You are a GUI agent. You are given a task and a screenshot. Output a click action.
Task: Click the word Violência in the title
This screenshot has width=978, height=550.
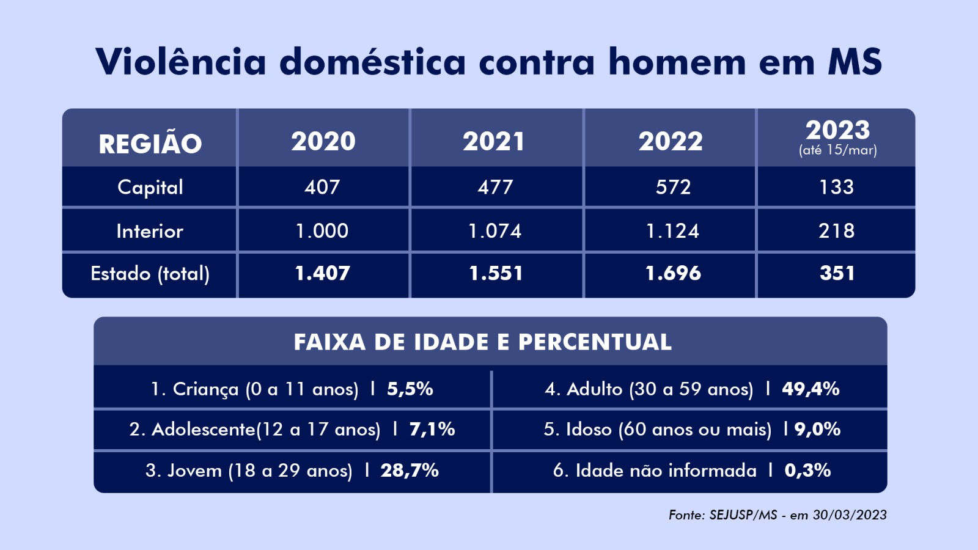(x=181, y=62)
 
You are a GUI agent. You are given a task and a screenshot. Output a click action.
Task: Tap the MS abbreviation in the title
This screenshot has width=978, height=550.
(x=855, y=62)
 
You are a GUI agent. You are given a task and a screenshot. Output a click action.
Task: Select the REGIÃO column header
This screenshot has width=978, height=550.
(x=150, y=144)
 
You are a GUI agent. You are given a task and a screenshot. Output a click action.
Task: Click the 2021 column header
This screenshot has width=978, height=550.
(x=494, y=142)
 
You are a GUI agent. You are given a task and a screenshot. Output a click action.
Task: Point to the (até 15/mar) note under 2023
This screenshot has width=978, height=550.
(x=837, y=150)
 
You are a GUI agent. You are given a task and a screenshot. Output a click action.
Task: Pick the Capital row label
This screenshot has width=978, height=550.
(x=150, y=187)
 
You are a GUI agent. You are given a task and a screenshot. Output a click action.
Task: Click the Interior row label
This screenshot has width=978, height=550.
(x=150, y=231)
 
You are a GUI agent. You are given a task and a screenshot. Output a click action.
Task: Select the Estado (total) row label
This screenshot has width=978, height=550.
(x=150, y=273)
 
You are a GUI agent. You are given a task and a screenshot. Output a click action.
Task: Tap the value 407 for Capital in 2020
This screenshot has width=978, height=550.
(x=322, y=187)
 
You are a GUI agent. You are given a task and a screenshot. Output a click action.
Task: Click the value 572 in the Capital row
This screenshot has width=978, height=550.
(x=673, y=187)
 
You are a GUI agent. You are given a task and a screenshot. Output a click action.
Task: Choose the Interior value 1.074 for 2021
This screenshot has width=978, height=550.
(x=495, y=231)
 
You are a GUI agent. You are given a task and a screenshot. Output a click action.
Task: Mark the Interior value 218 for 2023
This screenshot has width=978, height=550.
(x=837, y=231)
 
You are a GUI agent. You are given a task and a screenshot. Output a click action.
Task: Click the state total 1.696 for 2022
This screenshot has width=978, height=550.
(x=673, y=273)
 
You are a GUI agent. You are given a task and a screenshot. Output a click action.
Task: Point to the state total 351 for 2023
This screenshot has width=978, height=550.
(x=837, y=273)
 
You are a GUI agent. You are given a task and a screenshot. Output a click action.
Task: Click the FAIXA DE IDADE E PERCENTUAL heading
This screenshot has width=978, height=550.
(x=483, y=342)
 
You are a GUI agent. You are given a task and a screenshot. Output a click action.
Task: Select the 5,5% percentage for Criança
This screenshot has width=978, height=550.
(x=410, y=389)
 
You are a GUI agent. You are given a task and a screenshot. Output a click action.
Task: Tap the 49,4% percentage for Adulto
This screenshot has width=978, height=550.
(x=811, y=389)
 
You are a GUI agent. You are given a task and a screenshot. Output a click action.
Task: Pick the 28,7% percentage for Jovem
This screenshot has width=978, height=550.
(x=410, y=471)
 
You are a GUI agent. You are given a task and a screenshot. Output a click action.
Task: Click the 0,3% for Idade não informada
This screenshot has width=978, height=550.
(x=807, y=471)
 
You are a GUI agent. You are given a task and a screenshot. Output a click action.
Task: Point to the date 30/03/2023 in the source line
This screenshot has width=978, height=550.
(x=850, y=515)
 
